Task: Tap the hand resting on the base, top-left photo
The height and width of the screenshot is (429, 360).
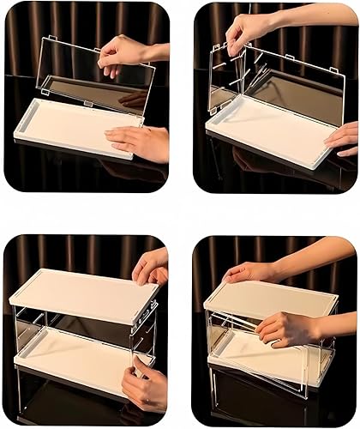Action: (141, 141)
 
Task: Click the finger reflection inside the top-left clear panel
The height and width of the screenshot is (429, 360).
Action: (133, 99)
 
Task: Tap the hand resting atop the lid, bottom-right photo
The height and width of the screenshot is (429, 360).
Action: (249, 272)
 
